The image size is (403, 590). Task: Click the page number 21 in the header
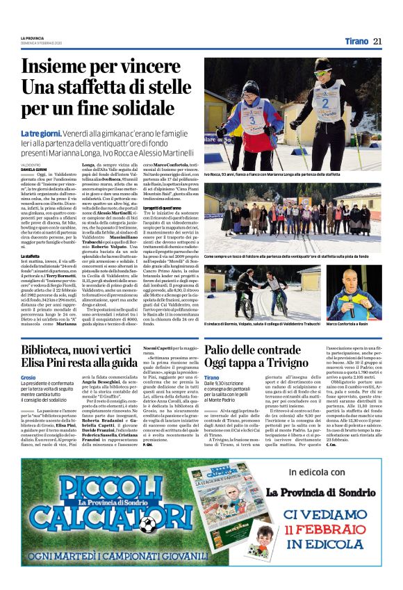377,41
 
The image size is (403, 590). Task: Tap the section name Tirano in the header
356,41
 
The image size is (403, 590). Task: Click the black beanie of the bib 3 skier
252,88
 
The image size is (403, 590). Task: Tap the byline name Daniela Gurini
34,170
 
